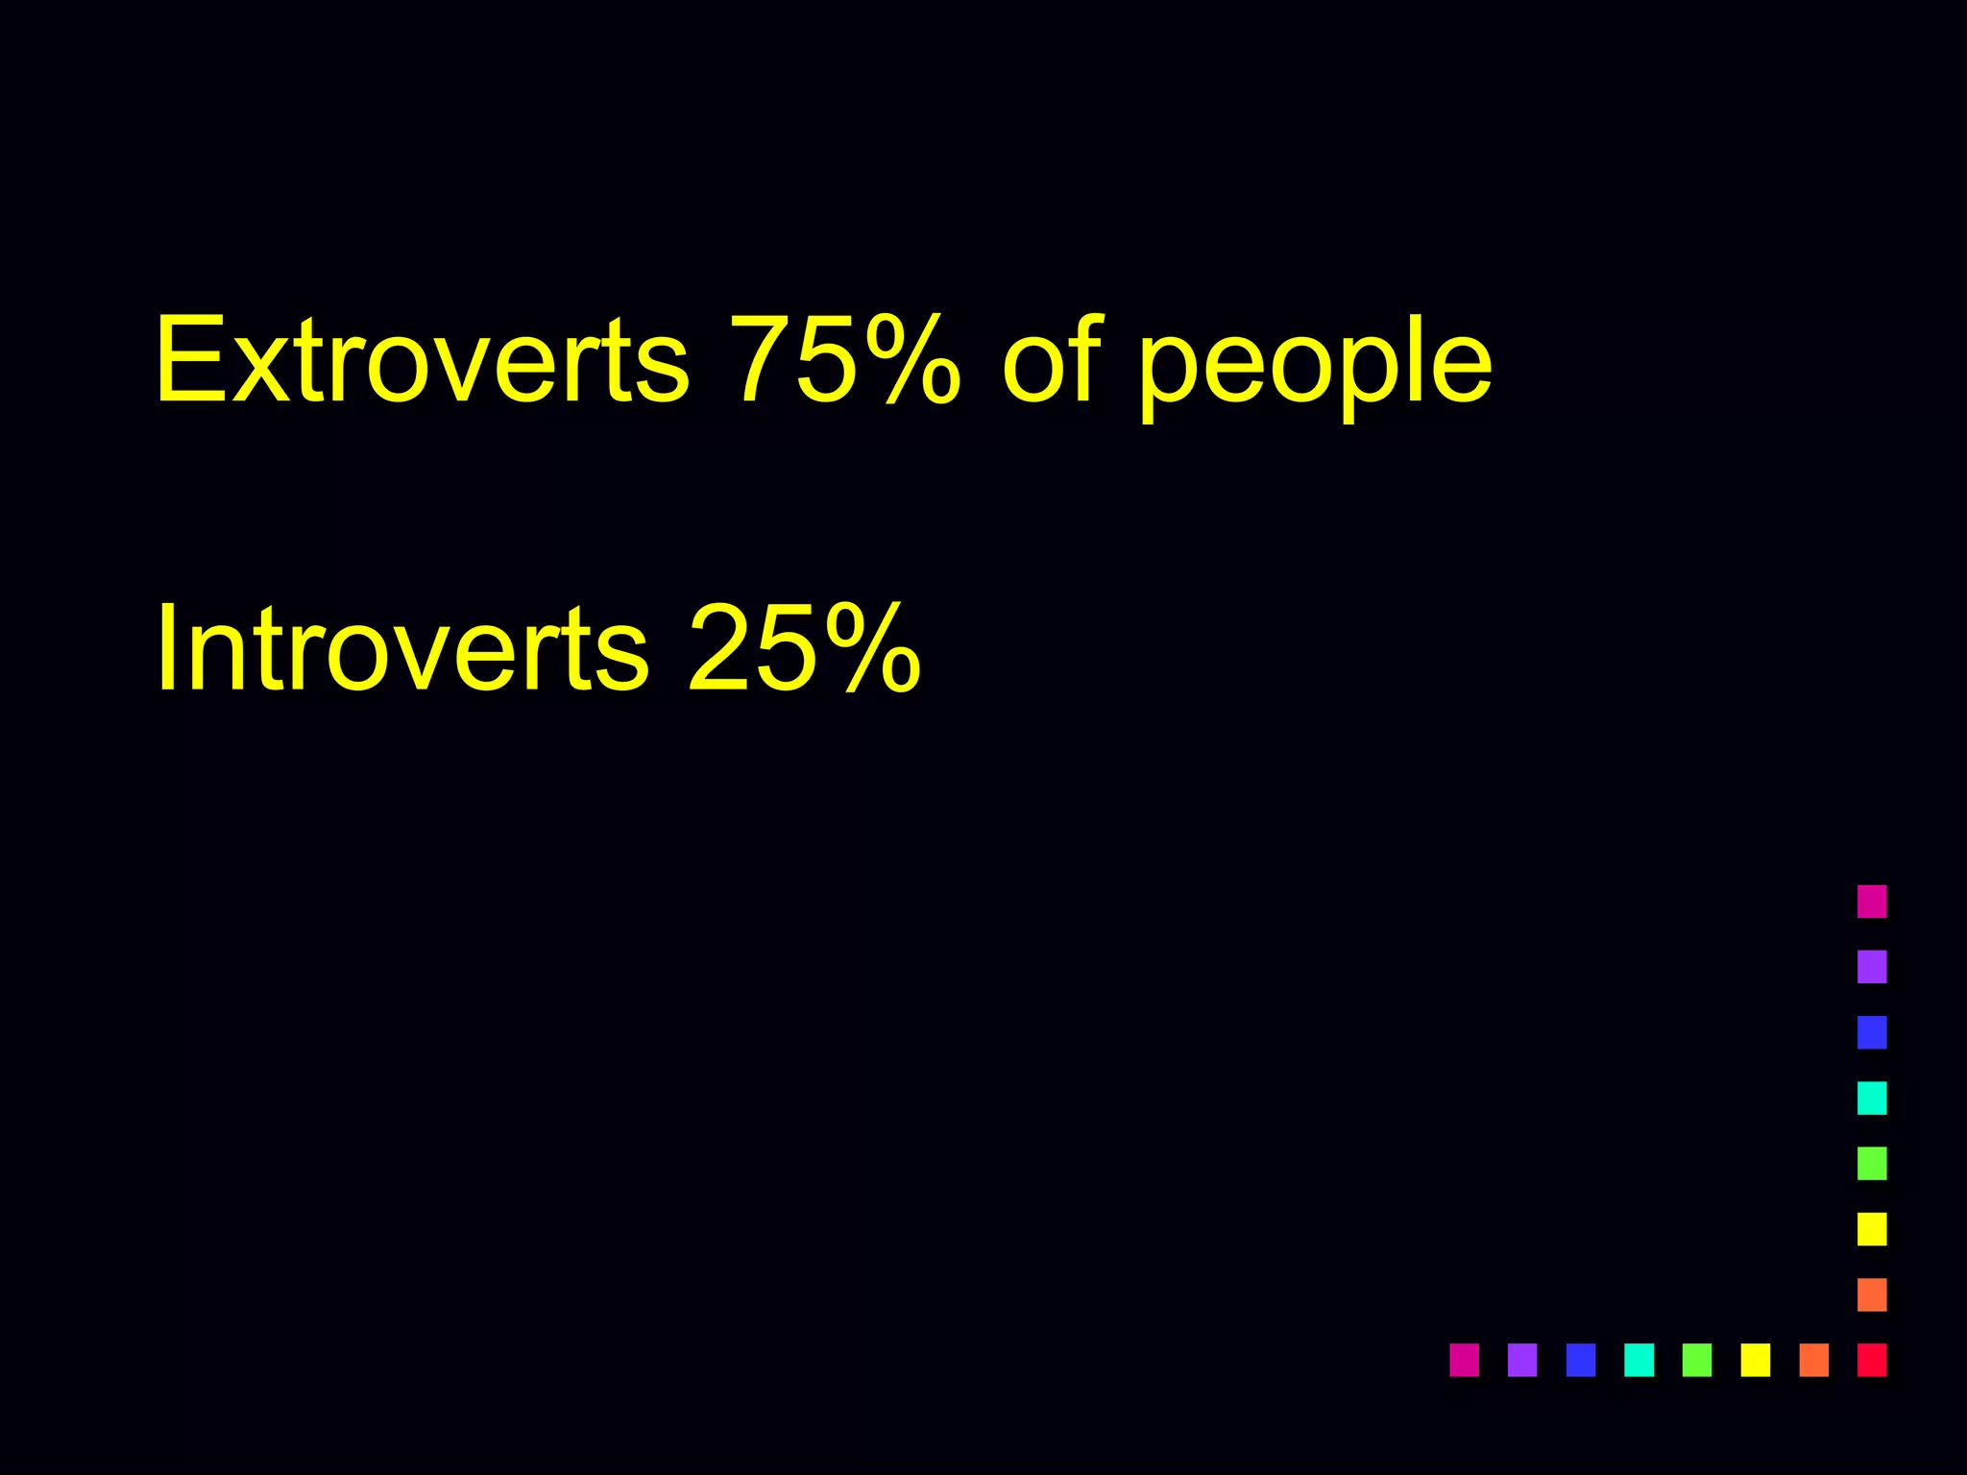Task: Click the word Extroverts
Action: pos(422,360)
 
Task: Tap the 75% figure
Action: pos(844,360)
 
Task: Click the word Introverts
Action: pos(402,648)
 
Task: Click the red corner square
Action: pos(1872,1360)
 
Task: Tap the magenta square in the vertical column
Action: pos(1872,902)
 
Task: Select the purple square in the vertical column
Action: pos(1872,967)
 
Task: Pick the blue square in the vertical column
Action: pos(1872,1032)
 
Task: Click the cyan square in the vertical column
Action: pos(1872,1098)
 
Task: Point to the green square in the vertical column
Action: pos(1872,1163)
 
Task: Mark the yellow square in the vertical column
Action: pos(1872,1229)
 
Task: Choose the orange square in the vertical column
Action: pos(1872,1294)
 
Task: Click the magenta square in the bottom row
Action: pos(1464,1360)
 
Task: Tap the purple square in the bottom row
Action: pos(1522,1360)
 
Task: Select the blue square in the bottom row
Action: pos(1581,1360)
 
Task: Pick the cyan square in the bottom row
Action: pos(1639,1360)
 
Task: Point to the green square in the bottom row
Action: pos(1697,1360)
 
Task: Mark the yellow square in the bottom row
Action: pos(1756,1360)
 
